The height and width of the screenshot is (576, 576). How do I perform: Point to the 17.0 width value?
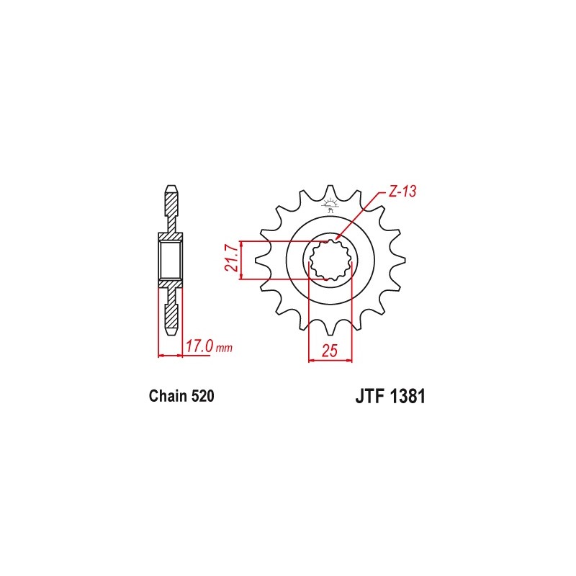point(199,346)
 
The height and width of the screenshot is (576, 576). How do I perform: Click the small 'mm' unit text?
point(225,348)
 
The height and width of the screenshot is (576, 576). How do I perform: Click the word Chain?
point(168,396)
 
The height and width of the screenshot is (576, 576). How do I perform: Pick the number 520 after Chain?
point(202,396)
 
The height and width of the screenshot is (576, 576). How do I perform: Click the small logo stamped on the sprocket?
point(330,207)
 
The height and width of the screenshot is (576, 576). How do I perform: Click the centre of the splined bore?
point(330,260)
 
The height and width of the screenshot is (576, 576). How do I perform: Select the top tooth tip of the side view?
point(171,189)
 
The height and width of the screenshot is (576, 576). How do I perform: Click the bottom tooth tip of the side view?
point(171,332)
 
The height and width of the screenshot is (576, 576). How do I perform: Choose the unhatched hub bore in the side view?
point(171,260)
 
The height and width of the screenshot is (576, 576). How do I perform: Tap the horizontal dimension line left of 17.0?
point(171,355)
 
